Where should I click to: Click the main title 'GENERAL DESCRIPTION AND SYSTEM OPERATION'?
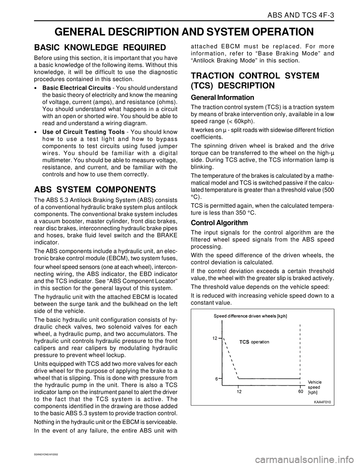point(180,31)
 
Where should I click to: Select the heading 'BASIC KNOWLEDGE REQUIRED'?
point(100,47)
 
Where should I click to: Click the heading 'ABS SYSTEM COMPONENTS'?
point(94,188)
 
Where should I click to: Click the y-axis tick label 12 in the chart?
point(214,338)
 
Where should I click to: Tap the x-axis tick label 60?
point(300,392)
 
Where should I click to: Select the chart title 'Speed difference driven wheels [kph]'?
point(250,316)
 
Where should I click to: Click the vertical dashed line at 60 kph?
point(300,349)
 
